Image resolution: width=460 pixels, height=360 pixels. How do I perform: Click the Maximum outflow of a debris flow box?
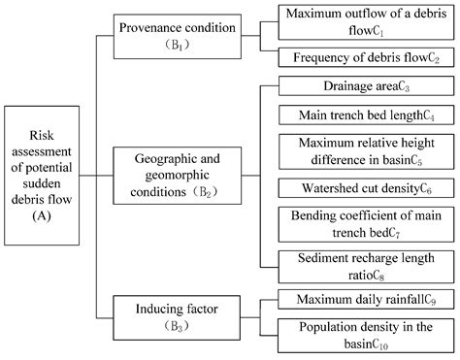click(x=365, y=20)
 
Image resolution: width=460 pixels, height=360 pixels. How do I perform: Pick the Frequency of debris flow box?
click(x=365, y=56)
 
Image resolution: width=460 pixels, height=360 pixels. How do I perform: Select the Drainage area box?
click(x=365, y=87)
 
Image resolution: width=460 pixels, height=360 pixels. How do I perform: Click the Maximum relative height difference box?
click(x=365, y=151)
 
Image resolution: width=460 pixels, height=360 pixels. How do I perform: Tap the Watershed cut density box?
click(x=365, y=187)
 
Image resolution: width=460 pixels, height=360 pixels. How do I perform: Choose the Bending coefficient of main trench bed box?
click(x=365, y=222)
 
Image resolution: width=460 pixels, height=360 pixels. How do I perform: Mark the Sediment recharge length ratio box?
click(x=365, y=265)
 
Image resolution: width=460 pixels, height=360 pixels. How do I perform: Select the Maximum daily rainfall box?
click(x=365, y=300)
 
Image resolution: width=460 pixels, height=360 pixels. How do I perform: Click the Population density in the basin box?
click(x=365, y=333)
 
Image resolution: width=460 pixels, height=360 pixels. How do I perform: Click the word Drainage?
click(x=331, y=87)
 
